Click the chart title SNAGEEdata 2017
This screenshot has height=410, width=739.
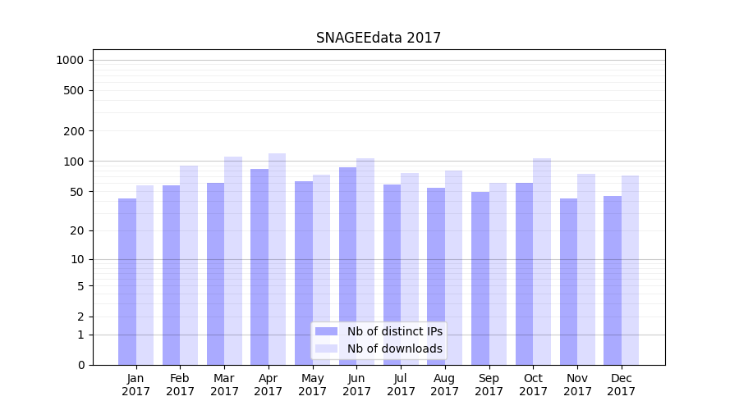379,38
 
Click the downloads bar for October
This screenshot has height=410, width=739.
542,262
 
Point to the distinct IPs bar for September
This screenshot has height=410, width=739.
480,278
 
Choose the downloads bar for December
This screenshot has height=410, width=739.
630,270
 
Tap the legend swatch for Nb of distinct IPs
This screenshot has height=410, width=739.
326,331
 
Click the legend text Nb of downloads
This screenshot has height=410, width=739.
394,348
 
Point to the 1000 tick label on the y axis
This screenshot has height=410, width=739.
70,60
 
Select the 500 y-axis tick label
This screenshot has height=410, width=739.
74,90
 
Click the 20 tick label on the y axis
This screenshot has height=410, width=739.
76,230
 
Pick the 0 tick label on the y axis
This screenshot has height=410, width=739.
80,365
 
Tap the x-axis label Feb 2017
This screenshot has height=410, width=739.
180,385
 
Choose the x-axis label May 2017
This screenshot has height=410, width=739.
312,385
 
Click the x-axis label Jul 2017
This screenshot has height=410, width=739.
401,385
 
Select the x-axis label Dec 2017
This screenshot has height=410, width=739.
622,385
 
